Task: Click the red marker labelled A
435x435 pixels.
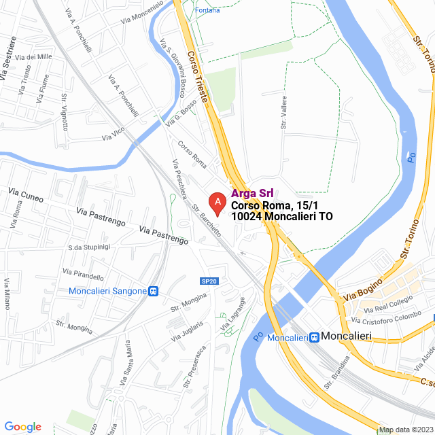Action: (x=217, y=202)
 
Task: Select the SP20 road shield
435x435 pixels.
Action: (x=209, y=281)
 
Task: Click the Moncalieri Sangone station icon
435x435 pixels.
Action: (x=154, y=291)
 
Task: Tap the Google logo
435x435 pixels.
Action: (x=22, y=427)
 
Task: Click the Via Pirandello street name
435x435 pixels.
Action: (x=83, y=274)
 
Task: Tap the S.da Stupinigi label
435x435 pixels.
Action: (x=90, y=247)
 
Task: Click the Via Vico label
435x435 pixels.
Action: (x=113, y=134)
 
